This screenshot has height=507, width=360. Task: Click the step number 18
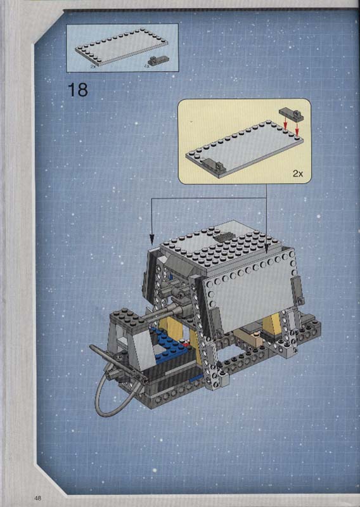click(x=77, y=90)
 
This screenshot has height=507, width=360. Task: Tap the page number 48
click(x=38, y=497)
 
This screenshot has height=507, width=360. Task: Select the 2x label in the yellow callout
click(x=298, y=174)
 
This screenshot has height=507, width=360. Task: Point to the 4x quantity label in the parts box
click(x=147, y=66)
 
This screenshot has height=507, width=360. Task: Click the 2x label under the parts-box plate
click(x=93, y=66)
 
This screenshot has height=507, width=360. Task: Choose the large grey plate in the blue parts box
click(x=122, y=48)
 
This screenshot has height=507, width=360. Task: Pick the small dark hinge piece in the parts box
click(x=158, y=60)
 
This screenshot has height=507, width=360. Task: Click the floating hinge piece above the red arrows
click(x=292, y=114)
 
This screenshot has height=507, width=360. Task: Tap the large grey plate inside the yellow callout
click(x=245, y=149)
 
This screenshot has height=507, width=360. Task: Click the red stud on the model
click(x=185, y=345)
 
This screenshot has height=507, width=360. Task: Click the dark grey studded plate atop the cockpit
click(x=127, y=318)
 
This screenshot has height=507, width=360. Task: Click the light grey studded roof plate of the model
click(x=223, y=249)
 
